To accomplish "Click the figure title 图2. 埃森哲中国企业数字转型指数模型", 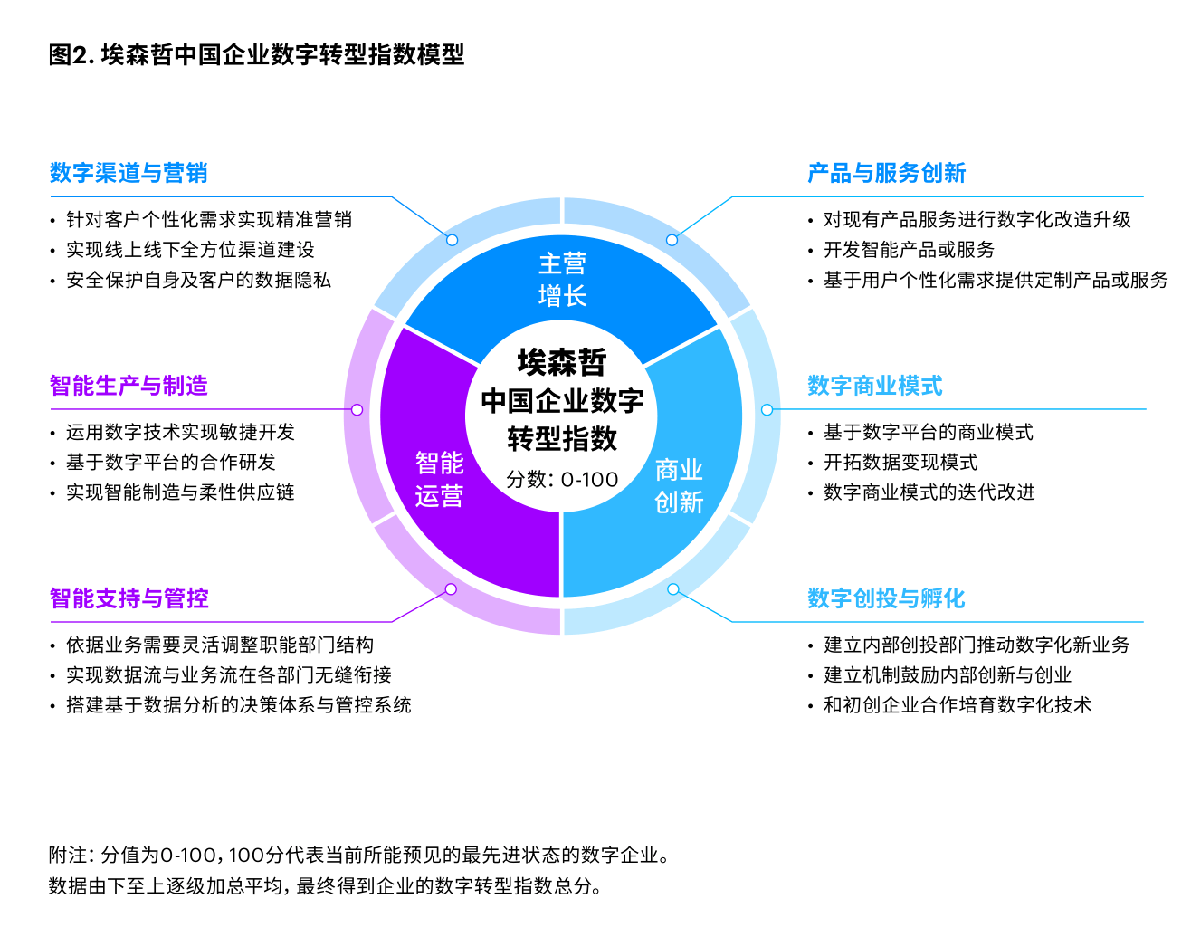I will tap(256, 55).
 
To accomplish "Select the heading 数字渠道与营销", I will tap(129, 173).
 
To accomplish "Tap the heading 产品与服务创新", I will tap(886, 173).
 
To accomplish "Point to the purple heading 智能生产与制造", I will tap(129, 386).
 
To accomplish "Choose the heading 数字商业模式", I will tap(874, 386).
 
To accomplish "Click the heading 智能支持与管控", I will tap(129, 598).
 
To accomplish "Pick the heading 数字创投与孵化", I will tap(886, 598).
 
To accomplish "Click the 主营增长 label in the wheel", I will tap(562, 280).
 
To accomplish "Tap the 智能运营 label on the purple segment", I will tap(439, 480).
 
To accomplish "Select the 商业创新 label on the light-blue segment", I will tap(679, 486).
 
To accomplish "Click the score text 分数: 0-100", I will tap(562, 479).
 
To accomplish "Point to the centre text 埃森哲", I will tap(562, 362).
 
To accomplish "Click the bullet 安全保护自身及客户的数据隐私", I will tap(198, 281).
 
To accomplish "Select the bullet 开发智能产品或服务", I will tap(909, 250).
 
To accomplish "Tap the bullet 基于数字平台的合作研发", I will tap(170, 463).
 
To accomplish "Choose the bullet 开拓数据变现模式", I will tap(900, 463).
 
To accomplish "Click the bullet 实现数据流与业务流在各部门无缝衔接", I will tap(228, 675).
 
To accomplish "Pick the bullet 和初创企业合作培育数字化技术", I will tap(957, 705).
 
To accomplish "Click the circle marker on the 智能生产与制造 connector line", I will tap(357, 410).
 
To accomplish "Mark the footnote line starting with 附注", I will tap(358, 855).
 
